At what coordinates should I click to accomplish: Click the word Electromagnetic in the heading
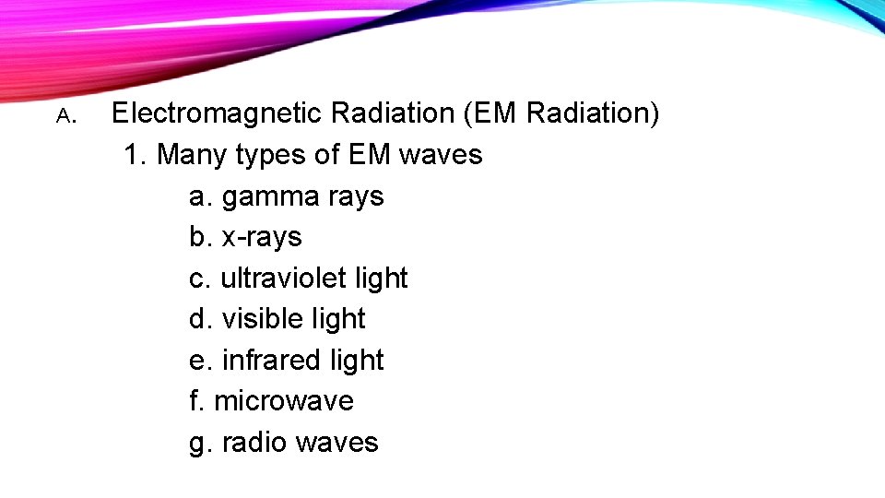pos(217,113)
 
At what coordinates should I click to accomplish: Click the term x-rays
pos(262,237)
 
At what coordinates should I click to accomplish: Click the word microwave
pos(284,400)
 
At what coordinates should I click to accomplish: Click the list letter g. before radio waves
pos(200,443)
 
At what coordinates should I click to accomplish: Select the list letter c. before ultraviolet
pos(199,278)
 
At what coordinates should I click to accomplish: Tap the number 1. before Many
pos(136,154)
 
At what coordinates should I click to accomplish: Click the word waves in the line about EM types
pos(441,155)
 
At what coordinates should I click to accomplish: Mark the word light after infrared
pos(354,360)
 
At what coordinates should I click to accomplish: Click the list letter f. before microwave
pos(196,400)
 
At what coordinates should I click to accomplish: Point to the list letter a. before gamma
pos(200,196)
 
